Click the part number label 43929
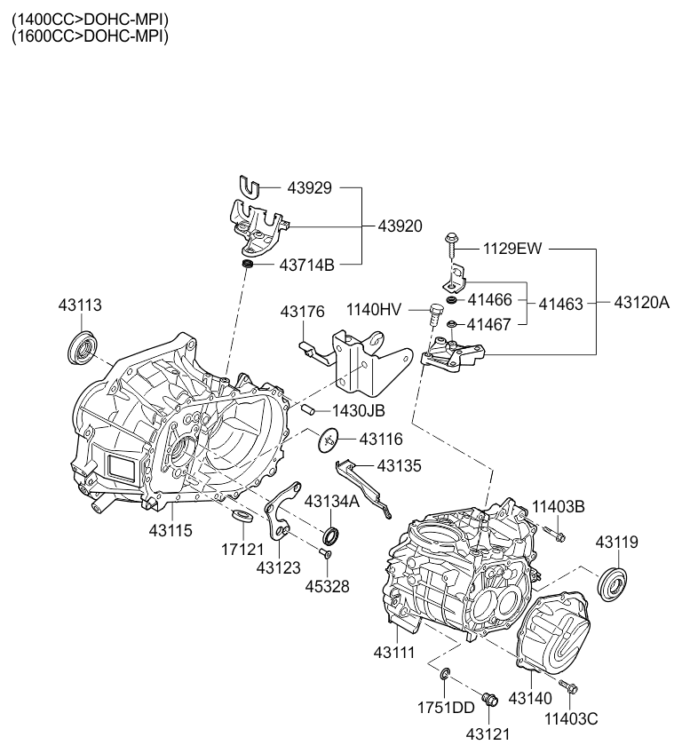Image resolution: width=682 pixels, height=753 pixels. (309, 187)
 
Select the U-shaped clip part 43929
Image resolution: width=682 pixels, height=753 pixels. (249, 187)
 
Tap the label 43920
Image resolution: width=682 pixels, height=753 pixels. (400, 226)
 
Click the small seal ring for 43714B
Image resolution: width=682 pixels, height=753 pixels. (248, 264)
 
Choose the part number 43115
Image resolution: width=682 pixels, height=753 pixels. (170, 531)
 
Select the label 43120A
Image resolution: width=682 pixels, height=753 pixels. (642, 303)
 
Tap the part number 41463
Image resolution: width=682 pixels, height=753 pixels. (560, 304)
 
